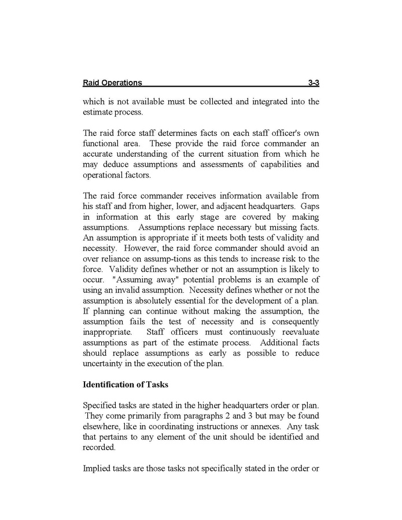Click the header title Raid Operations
pos(112,83)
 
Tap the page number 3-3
pos(314,83)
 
